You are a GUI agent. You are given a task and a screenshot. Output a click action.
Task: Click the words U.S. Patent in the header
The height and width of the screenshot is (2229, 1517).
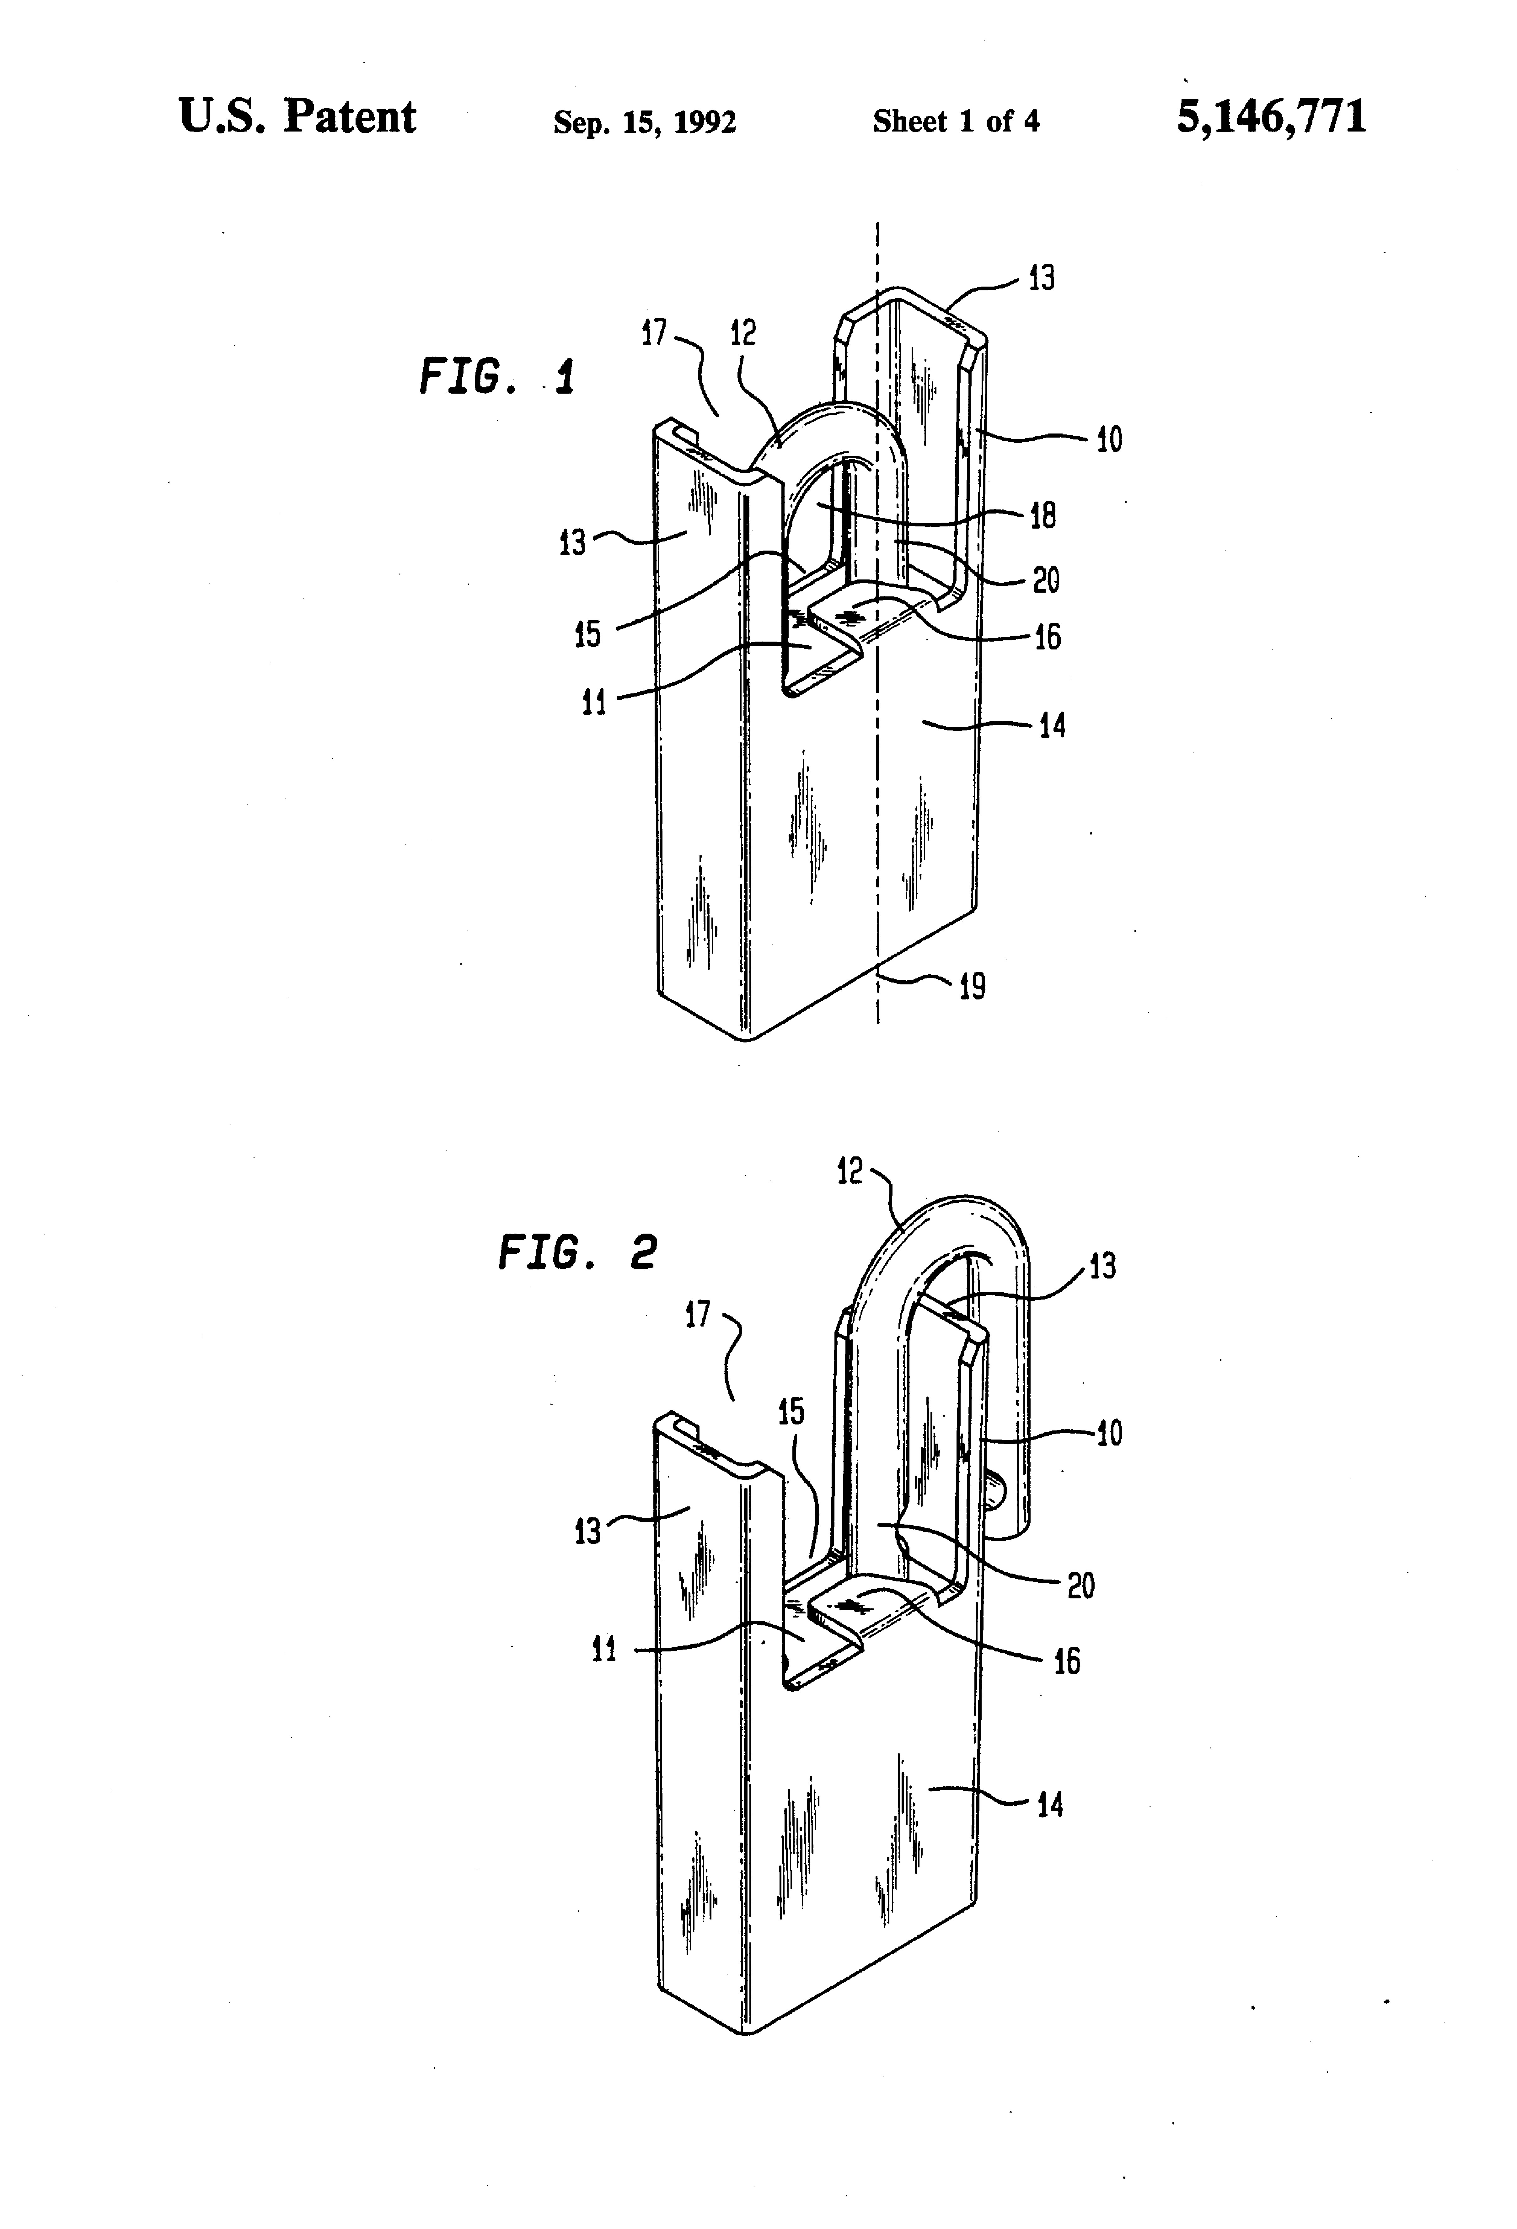(x=297, y=117)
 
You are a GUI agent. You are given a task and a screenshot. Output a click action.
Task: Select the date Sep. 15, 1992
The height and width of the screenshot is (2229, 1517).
(x=644, y=122)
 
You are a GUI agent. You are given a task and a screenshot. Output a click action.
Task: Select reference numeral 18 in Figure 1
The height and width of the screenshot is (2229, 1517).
(x=1042, y=515)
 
